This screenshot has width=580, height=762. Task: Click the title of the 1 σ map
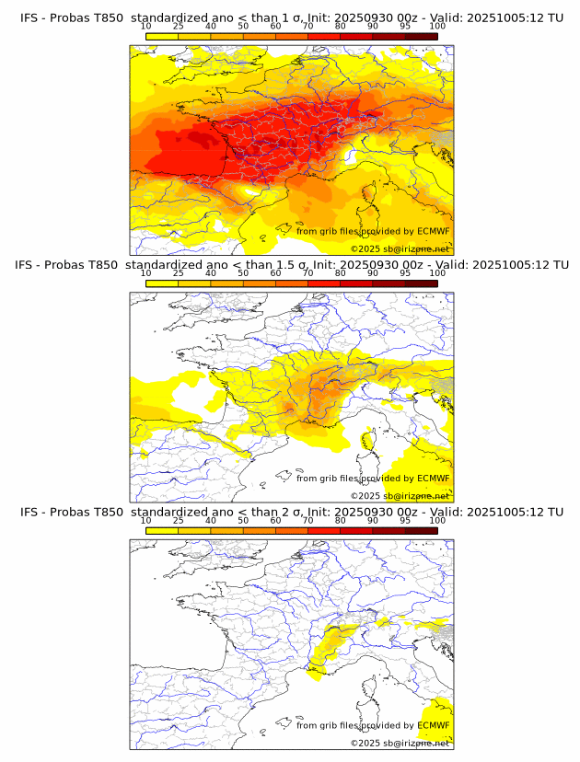[291, 17]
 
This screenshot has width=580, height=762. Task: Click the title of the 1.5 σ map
[291, 264]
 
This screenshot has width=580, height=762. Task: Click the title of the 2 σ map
[291, 512]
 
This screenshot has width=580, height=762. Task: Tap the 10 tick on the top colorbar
[146, 27]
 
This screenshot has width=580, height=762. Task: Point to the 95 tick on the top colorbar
[405, 27]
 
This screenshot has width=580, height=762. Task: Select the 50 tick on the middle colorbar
[243, 273]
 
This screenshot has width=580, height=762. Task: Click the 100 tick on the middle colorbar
[437, 273]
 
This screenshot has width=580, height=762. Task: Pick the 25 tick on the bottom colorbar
[179, 521]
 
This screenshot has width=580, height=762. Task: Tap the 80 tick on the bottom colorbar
[341, 521]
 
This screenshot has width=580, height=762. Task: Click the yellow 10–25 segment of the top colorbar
[162, 35]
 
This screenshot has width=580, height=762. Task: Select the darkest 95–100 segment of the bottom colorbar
[421, 530]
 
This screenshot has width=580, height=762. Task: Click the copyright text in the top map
[400, 248]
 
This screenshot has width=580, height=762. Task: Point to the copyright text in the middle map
[400, 495]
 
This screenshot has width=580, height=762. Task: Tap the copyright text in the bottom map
[400, 743]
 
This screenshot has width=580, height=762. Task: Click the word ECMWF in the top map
[433, 231]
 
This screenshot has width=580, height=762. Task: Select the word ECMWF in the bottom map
[433, 725]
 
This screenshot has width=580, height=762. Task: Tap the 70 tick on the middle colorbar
[307, 273]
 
